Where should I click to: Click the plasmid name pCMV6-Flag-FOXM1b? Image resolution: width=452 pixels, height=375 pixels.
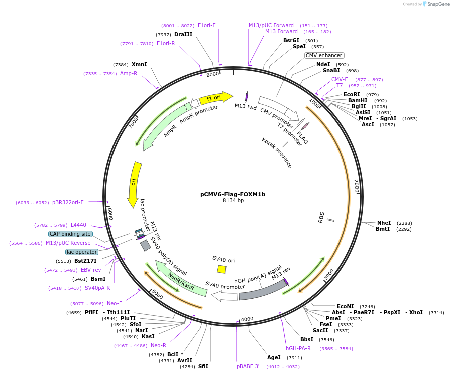pos(233,194)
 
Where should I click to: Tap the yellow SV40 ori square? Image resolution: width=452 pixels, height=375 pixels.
pos(221,269)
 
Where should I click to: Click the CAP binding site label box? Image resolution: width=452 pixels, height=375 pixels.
pos(71,234)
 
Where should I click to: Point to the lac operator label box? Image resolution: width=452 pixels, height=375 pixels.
pos(82,252)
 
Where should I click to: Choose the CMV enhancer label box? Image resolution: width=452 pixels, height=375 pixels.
pos(324,55)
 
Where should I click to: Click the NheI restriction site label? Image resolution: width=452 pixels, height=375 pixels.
pos(384,223)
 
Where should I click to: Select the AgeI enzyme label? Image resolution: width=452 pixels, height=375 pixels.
pos(274,357)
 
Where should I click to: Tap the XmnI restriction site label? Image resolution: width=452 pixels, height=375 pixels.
pos(139,64)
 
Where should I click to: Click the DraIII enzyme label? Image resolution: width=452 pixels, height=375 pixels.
pos(183,34)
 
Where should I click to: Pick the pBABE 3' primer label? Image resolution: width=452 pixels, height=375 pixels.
pos(248,366)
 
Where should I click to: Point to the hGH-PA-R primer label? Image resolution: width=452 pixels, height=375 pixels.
pos(298,348)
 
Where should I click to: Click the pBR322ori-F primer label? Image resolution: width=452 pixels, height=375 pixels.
pos(68,202)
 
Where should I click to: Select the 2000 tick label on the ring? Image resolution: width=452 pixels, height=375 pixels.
pos(357,186)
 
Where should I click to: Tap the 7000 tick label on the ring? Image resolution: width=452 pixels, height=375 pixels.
pos(133,122)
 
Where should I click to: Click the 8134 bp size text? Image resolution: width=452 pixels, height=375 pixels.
pos(233,200)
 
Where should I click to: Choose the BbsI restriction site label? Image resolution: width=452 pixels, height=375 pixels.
pos(307,339)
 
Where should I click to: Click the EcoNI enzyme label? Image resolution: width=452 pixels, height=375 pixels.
pos(345,306)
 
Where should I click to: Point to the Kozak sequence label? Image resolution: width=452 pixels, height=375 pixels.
pos(277,153)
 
